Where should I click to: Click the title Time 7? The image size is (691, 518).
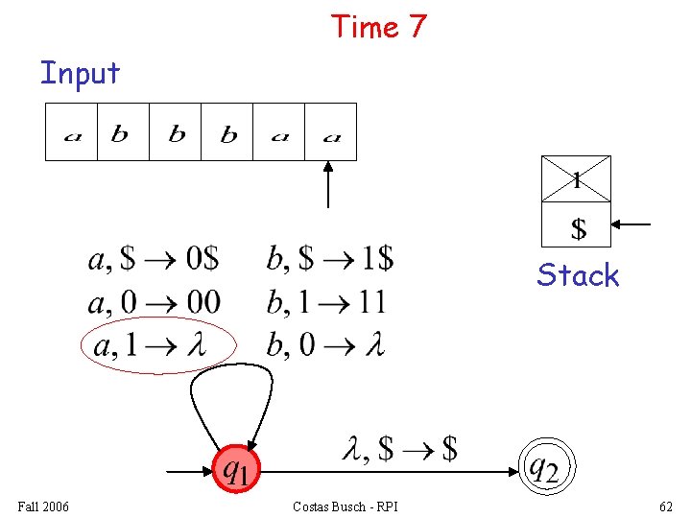click(378, 27)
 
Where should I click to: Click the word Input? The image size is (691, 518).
click(80, 73)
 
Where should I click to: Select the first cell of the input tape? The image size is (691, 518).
click(72, 131)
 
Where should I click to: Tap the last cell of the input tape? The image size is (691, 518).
click(331, 131)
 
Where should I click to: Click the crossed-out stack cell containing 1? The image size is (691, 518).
click(576, 178)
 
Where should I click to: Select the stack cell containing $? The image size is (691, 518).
click(577, 225)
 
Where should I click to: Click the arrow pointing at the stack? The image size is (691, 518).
click(632, 225)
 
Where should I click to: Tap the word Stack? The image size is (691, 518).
click(578, 275)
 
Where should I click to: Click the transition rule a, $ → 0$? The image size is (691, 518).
click(154, 259)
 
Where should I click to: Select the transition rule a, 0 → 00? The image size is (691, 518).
click(154, 302)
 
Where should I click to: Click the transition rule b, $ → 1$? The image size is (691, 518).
click(329, 259)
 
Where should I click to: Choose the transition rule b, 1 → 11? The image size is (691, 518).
click(325, 302)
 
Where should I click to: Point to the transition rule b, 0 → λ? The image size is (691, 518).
click(324, 344)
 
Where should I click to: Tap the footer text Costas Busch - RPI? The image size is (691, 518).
click(345, 506)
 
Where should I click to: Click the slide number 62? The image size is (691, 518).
click(666, 506)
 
